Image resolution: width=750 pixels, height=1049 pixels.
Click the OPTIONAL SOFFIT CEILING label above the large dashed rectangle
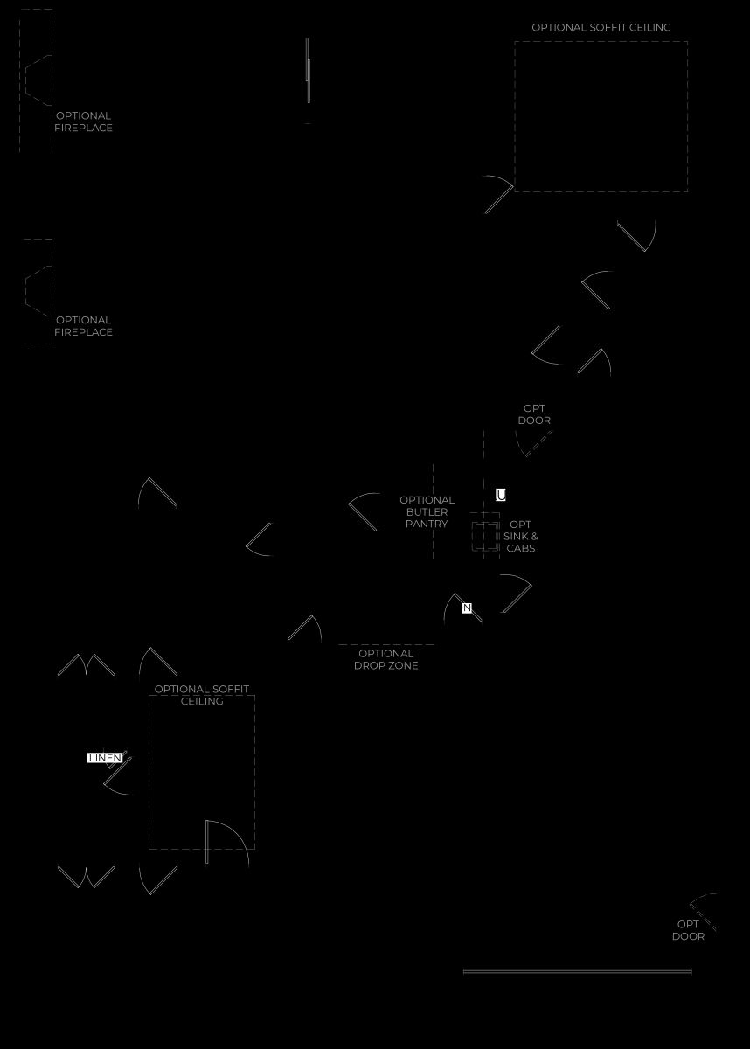click(x=601, y=28)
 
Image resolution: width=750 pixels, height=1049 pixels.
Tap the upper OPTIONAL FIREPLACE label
click(x=83, y=122)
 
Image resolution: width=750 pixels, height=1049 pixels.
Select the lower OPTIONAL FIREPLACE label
click(x=83, y=326)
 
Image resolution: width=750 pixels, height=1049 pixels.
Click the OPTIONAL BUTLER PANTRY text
click(x=427, y=512)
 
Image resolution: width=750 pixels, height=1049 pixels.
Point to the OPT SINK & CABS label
click(x=521, y=536)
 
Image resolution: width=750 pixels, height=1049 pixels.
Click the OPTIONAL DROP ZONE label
click(x=386, y=659)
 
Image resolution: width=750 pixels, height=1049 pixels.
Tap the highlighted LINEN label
click(x=105, y=758)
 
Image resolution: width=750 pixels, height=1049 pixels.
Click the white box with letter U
click(x=501, y=495)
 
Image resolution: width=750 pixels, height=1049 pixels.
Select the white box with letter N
click(x=467, y=608)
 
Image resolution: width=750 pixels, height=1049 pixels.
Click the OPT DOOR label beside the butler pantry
click(x=534, y=414)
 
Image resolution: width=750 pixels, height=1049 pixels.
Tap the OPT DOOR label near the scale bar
click(x=688, y=930)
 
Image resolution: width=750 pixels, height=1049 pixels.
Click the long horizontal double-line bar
click(x=577, y=972)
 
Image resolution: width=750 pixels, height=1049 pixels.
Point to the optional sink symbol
click(x=485, y=537)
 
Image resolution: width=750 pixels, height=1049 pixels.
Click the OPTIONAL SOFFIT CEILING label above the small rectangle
click(x=202, y=695)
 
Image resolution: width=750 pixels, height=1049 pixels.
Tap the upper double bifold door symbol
click(x=87, y=665)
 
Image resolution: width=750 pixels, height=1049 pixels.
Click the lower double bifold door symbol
click(x=87, y=877)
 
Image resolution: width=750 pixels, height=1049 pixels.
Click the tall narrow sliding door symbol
click(x=308, y=70)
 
